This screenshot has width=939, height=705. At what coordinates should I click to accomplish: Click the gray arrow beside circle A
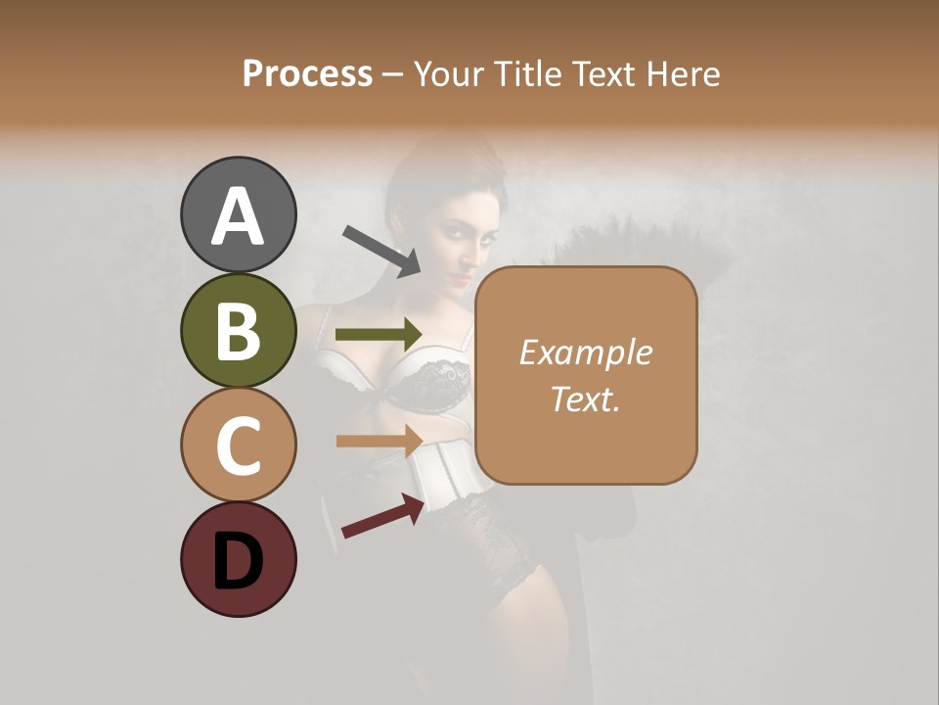381,250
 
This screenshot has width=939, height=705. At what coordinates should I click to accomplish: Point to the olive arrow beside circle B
379,334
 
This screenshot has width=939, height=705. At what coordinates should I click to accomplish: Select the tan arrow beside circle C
379,441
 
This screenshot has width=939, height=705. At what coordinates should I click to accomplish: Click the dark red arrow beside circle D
382,516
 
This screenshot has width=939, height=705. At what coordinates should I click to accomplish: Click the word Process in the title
307,74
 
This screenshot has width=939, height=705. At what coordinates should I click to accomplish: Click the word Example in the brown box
585,352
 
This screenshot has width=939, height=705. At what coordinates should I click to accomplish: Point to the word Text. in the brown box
585,399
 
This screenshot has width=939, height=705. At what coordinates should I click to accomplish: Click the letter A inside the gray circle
238,215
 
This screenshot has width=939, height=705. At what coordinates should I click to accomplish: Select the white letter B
238,331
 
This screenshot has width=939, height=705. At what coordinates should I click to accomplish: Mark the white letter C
238,446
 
